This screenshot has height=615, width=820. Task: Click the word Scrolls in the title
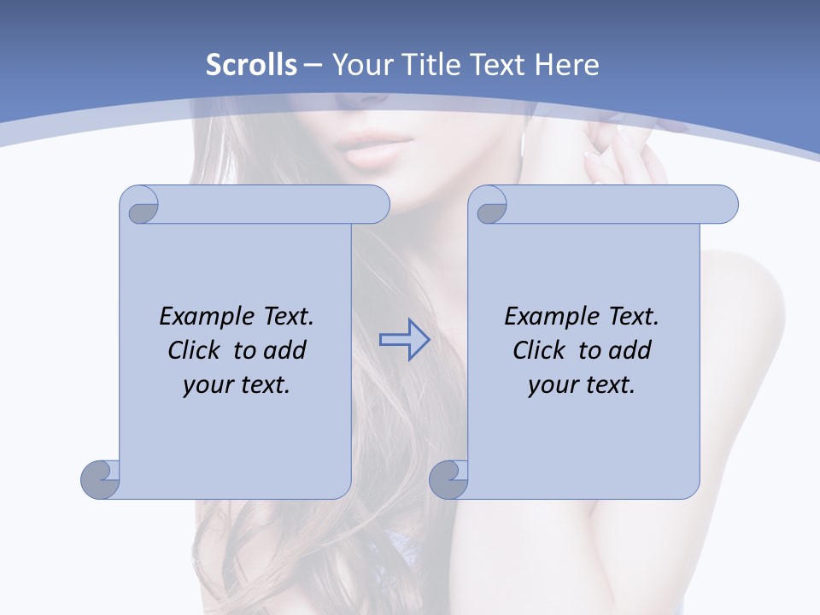pos(252,65)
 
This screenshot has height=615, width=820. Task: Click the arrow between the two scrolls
pos(404,340)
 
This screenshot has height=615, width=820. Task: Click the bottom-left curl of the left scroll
pos(99,478)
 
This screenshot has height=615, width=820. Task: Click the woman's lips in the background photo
pos(376,155)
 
